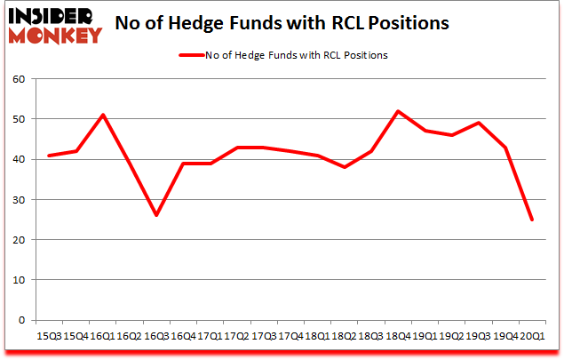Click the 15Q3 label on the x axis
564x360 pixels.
click(x=49, y=336)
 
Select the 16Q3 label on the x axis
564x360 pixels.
click(x=156, y=336)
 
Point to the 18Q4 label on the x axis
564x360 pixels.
click(x=397, y=336)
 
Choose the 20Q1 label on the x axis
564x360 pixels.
click(x=531, y=336)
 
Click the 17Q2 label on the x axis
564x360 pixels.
click(x=236, y=336)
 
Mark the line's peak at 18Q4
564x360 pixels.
click(x=397, y=111)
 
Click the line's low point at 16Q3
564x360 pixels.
click(x=156, y=215)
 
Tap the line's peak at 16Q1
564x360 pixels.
click(x=103, y=115)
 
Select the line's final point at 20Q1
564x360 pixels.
click(x=531, y=220)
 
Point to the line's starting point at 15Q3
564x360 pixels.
click(x=49, y=156)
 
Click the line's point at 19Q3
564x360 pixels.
click(x=478, y=123)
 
